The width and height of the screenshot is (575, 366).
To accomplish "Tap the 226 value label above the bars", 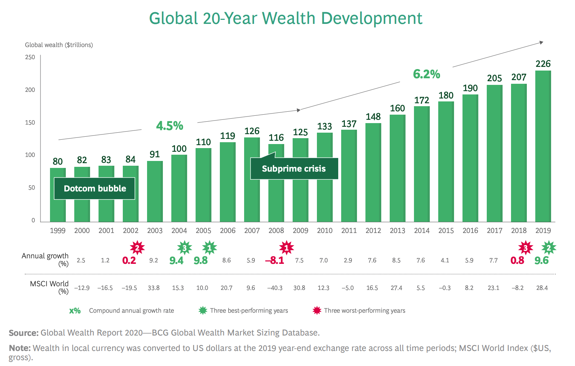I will pyautogui.click(x=543, y=64).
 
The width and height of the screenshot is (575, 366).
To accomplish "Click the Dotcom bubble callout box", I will pyautogui.click(x=94, y=189).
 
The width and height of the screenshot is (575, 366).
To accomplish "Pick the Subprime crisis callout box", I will pyautogui.click(x=294, y=169).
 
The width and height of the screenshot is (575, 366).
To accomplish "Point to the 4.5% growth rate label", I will pyautogui.click(x=169, y=126).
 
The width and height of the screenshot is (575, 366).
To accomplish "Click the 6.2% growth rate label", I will pyautogui.click(x=426, y=74).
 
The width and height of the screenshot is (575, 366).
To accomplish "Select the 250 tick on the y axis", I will pyautogui.click(x=30, y=57).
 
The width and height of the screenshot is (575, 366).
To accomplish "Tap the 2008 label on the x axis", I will pyautogui.click(x=276, y=231).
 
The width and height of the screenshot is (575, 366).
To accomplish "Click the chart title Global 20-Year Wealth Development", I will pyautogui.click(x=286, y=18).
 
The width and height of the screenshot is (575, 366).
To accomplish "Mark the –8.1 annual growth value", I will pyautogui.click(x=275, y=261).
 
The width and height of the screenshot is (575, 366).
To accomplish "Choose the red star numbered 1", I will pyautogui.click(x=286, y=248).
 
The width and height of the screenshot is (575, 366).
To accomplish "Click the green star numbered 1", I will pyautogui.click(x=210, y=248).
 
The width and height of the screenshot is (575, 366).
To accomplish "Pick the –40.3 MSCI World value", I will pyautogui.click(x=275, y=288).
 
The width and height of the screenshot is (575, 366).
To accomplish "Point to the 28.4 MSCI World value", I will pyautogui.click(x=542, y=288).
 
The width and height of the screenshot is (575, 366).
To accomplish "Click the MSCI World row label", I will pyautogui.click(x=49, y=284).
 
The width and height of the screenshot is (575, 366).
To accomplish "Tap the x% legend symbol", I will pyautogui.click(x=75, y=311).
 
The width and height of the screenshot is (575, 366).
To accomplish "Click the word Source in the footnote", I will pyautogui.click(x=24, y=333).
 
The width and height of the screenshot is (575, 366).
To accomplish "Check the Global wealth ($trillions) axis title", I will pyautogui.click(x=59, y=45).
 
